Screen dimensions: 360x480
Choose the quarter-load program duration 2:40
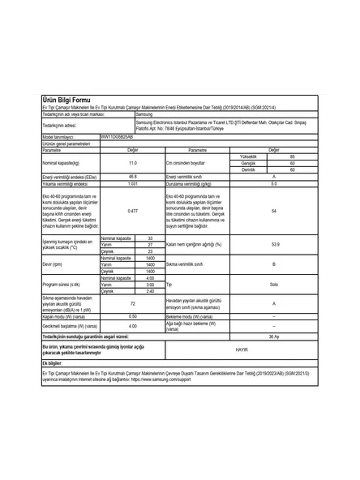[150, 291]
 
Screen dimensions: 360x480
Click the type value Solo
[274, 285]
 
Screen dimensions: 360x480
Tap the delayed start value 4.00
[133, 325]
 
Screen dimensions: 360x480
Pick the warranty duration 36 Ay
[274, 335]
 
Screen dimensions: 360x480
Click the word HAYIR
[274, 349]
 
